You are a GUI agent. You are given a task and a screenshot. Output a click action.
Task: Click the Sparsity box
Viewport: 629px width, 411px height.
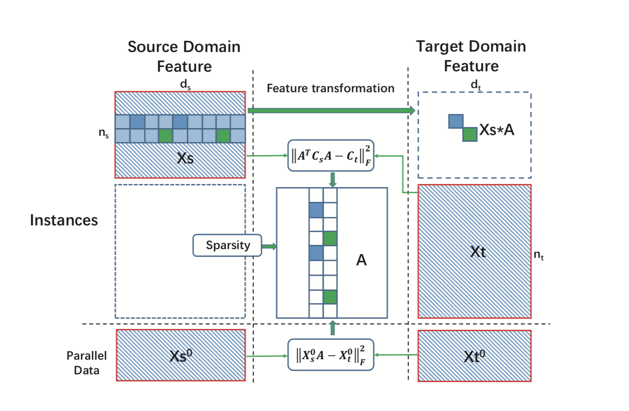[x=227, y=245]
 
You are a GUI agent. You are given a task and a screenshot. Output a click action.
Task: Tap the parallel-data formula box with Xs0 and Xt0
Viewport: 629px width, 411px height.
[x=331, y=355]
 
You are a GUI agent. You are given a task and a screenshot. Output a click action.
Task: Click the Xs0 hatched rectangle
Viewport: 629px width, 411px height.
[x=181, y=355]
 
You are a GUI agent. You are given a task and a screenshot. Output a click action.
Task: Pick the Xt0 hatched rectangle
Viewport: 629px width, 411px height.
[x=475, y=355]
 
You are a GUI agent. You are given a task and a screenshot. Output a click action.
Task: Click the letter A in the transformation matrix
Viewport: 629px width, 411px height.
[x=362, y=261]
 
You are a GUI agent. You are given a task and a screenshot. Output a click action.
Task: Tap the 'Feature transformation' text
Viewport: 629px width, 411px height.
[x=331, y=88]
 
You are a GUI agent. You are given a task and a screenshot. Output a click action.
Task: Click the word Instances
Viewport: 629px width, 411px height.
[x=64, y=220]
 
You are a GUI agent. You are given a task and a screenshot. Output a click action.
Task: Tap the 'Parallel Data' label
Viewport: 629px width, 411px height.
[x=87, y=363]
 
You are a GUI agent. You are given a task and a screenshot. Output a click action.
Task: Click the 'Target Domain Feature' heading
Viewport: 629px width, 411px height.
[x=471, y=56]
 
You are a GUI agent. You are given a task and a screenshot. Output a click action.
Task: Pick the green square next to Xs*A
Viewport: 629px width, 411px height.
[x=470, y=134]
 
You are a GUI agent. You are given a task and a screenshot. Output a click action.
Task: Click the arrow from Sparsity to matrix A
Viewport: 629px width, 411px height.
[x=269, y=247]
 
